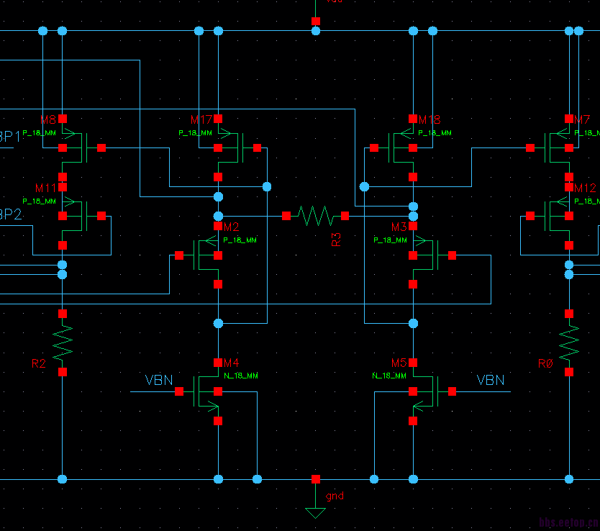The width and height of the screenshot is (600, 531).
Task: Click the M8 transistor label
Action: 48,119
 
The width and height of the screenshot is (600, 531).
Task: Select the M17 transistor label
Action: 201,119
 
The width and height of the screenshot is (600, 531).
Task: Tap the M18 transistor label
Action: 429,119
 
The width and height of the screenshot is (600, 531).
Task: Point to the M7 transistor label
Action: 582,119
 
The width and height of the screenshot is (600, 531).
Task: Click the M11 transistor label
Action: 45,188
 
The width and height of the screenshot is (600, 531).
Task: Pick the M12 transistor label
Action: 586,188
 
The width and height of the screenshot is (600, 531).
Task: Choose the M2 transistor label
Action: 231,227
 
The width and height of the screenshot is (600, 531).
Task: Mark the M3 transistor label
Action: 399,227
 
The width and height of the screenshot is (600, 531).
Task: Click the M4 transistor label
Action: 231,363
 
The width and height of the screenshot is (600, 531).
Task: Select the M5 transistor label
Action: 399,363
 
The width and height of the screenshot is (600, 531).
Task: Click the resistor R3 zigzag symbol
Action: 315,215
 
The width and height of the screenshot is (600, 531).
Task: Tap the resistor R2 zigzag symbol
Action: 63,342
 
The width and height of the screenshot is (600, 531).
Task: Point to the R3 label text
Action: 336,240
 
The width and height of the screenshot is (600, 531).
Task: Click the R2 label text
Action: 39,364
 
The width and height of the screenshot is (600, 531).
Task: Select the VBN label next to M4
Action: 159,380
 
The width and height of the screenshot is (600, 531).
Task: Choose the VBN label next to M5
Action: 491,380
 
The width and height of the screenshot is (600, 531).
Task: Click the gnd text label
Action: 335,496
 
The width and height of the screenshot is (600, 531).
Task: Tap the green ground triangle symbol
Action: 315,513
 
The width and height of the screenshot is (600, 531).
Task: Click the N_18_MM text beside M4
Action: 241,376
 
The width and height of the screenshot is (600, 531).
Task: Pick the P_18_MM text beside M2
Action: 240,240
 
